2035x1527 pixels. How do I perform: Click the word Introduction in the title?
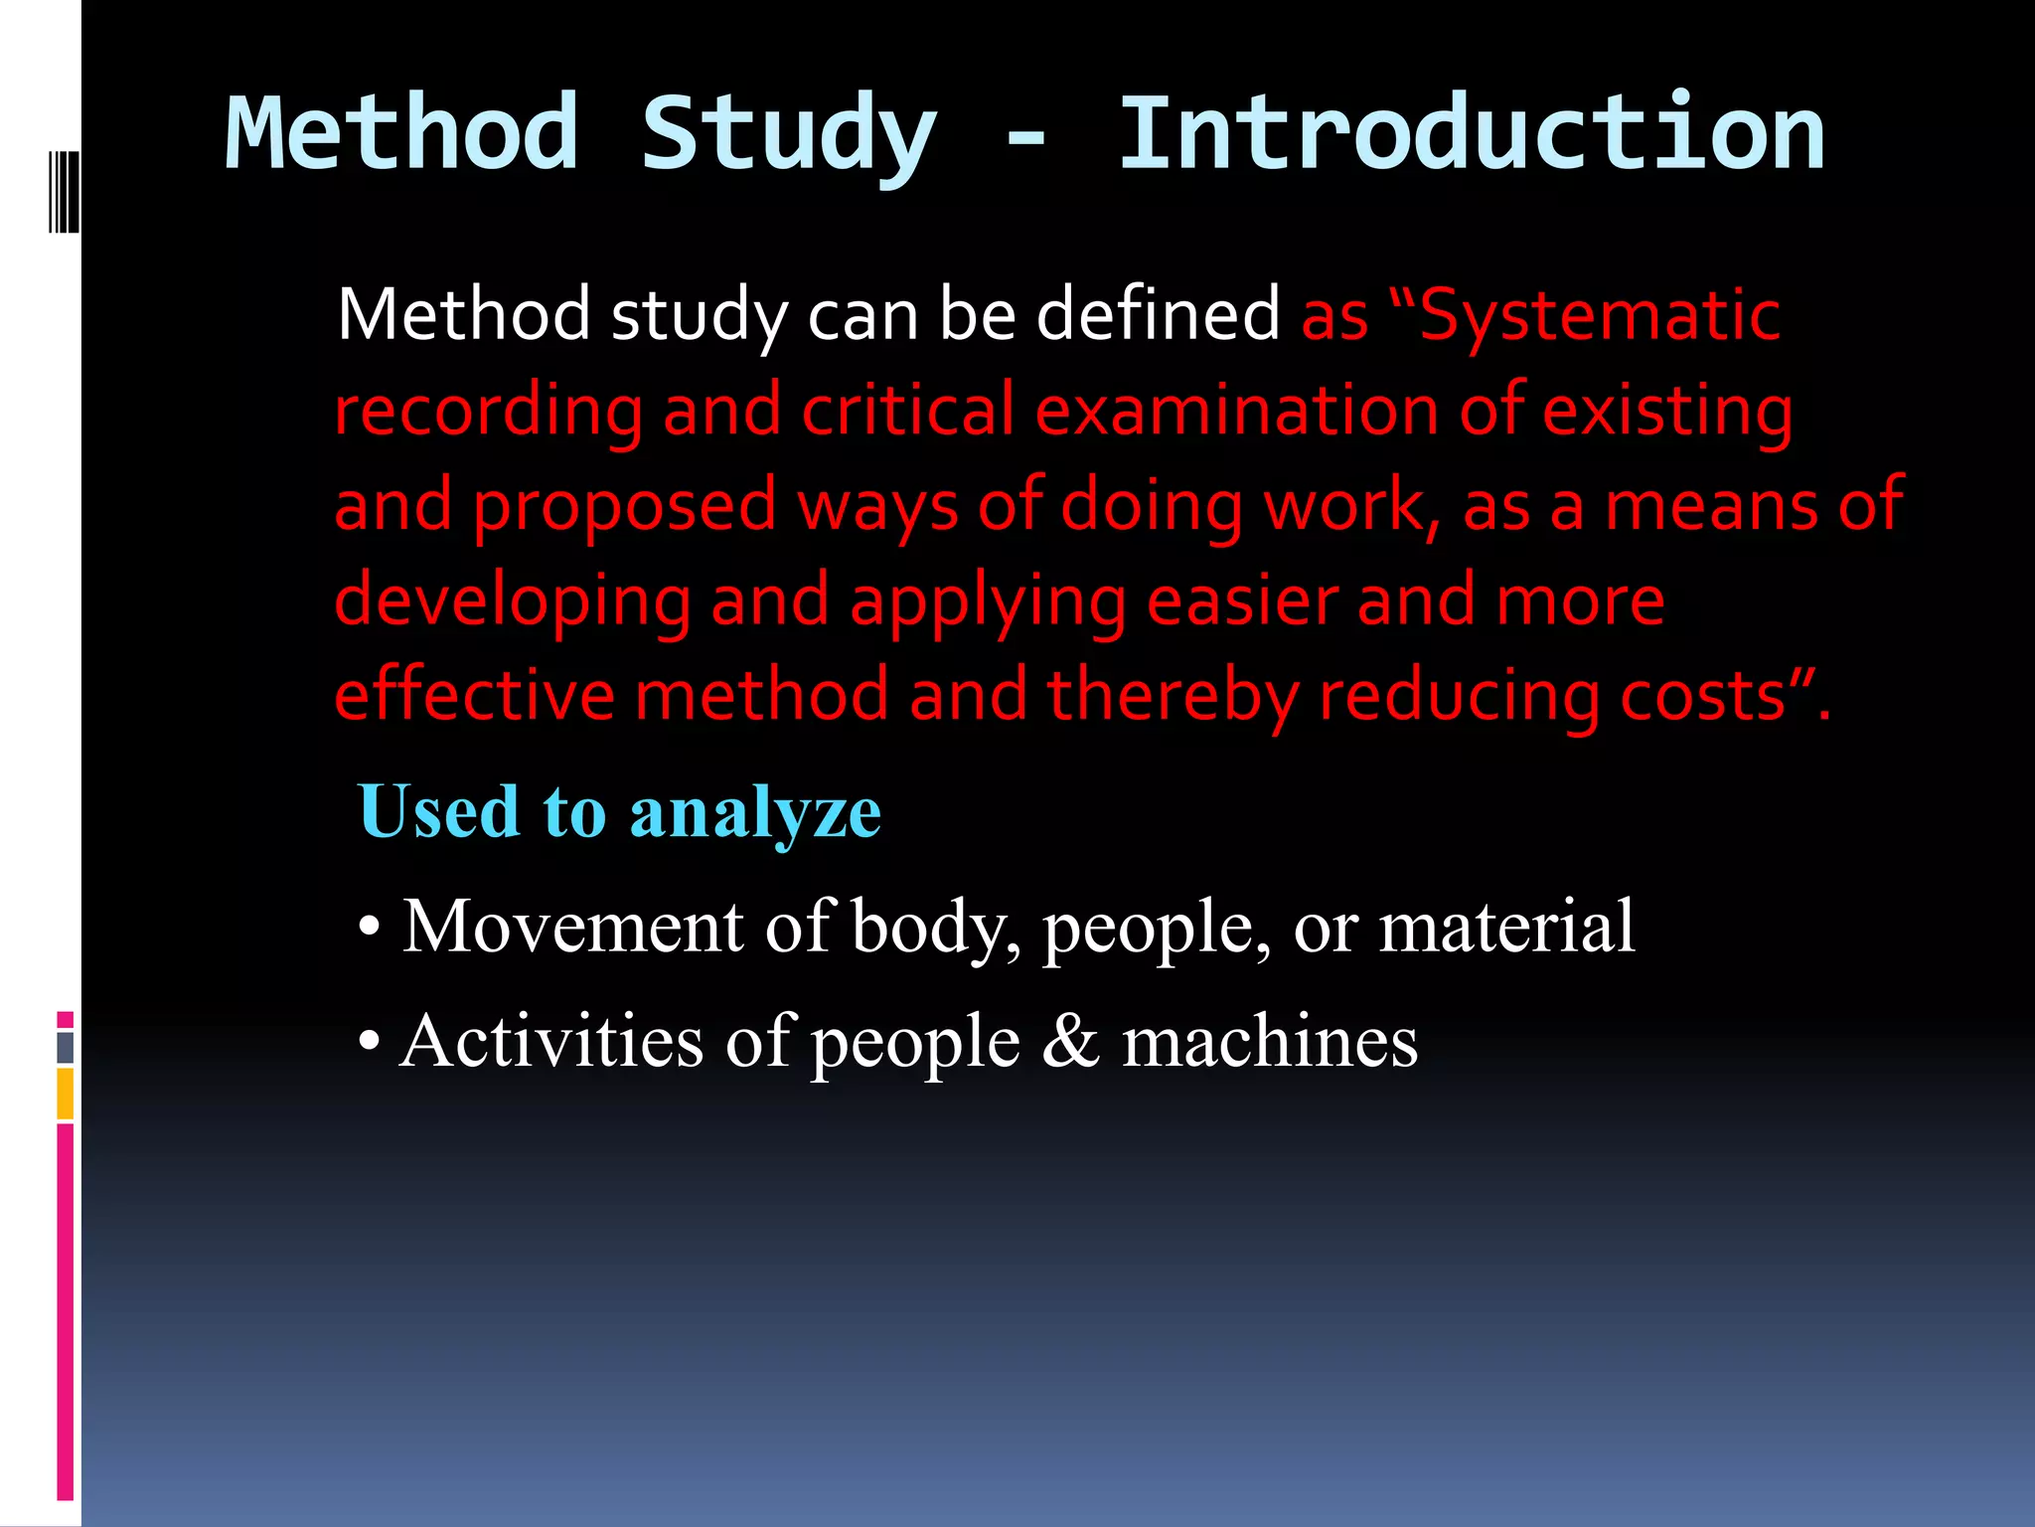pos(1472,134)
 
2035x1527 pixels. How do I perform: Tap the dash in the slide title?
pos(1025,139)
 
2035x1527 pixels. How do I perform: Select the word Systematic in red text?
pos(1600,316)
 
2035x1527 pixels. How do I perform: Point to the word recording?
pos(488,412)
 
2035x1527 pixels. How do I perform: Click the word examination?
pos(1237,410)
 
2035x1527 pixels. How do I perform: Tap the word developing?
pos(513,602)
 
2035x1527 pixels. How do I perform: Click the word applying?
pos(988,602)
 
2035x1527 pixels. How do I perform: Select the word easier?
pos(1242,600)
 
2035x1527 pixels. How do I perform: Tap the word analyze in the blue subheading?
pos(755,813)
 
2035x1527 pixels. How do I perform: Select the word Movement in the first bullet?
pos(573,927)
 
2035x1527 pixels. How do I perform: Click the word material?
pos(1506,927)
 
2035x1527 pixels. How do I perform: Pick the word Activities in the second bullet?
pos(551,1042)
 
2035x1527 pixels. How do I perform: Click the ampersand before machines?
pos(1071,1042)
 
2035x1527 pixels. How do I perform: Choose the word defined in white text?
pos(1158,316)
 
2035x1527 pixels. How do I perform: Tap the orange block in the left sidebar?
pos(66,1094)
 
